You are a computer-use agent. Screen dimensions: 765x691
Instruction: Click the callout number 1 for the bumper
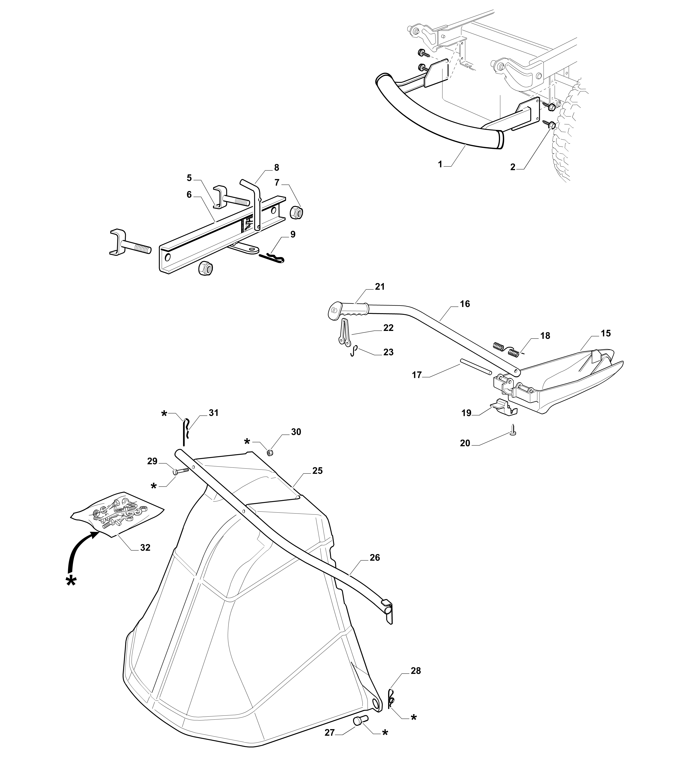coord(440,164)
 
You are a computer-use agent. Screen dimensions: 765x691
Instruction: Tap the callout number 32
coord(145,548)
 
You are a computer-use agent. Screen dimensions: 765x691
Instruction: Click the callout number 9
coord(293,234)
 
